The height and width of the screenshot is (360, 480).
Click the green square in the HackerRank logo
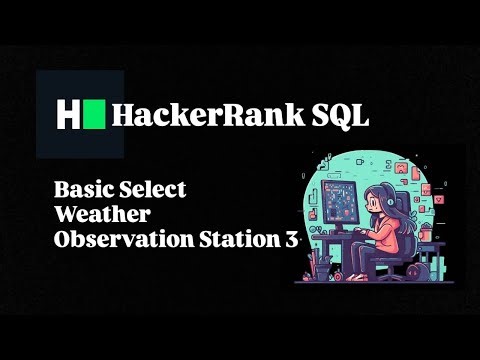tap(94, 113)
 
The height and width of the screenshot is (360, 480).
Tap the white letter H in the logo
tap(68, 113)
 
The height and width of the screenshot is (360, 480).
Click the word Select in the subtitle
tap(151, 189)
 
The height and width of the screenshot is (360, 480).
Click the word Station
tap(235, 240)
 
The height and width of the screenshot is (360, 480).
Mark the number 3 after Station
tap(292, 240)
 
